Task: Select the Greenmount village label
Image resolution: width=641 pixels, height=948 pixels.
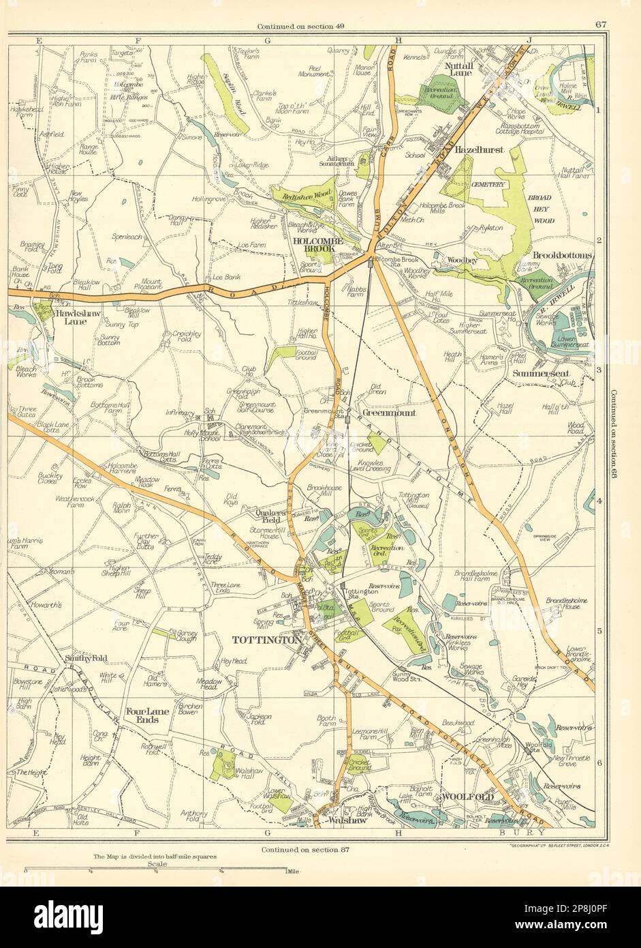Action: point(385,413)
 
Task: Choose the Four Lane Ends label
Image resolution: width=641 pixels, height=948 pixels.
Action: point(143,715)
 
